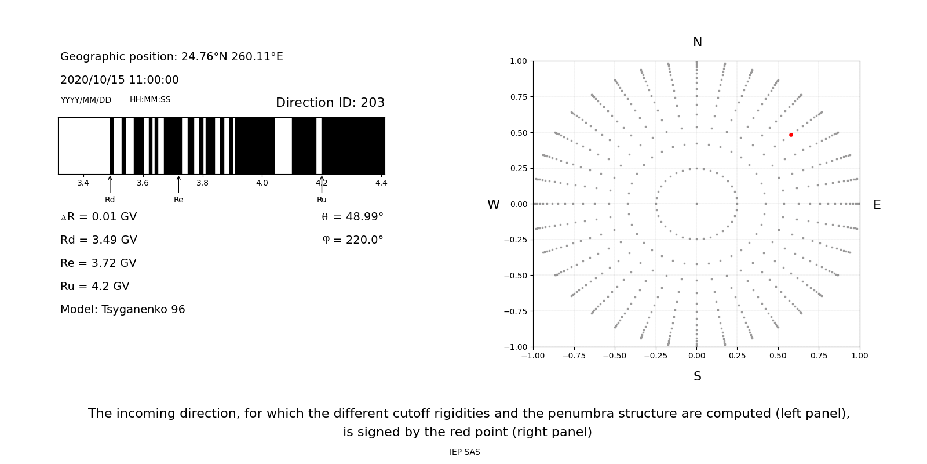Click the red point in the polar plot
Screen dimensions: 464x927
coord(791,135)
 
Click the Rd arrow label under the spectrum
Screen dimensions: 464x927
coord(110,200)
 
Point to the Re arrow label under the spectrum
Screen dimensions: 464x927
coord(178,200)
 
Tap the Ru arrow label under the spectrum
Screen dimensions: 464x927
coord(322,200)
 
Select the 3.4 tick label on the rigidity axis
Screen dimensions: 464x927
coord(83,183)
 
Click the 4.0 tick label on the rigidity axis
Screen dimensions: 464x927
coord(262,183)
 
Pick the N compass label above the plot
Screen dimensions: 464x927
coord(697,42)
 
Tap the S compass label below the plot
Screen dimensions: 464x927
coord(697,377)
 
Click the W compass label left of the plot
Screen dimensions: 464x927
coord(493,205)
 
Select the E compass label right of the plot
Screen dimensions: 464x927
coord(877,205)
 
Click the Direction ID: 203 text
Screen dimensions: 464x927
coord(330,103)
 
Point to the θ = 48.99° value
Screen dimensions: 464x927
coord(352,217)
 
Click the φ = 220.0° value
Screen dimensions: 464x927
coord(352,240)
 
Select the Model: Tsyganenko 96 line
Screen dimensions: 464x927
coord(123,310)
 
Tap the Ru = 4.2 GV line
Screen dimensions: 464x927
coord(95,287)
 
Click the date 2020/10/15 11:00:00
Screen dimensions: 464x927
coord(119,80)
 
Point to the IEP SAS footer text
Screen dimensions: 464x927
coord(465,452)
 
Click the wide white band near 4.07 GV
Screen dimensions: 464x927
coord(283,146)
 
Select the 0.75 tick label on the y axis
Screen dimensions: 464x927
coord(518,97)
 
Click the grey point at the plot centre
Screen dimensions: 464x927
coord(696,204)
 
